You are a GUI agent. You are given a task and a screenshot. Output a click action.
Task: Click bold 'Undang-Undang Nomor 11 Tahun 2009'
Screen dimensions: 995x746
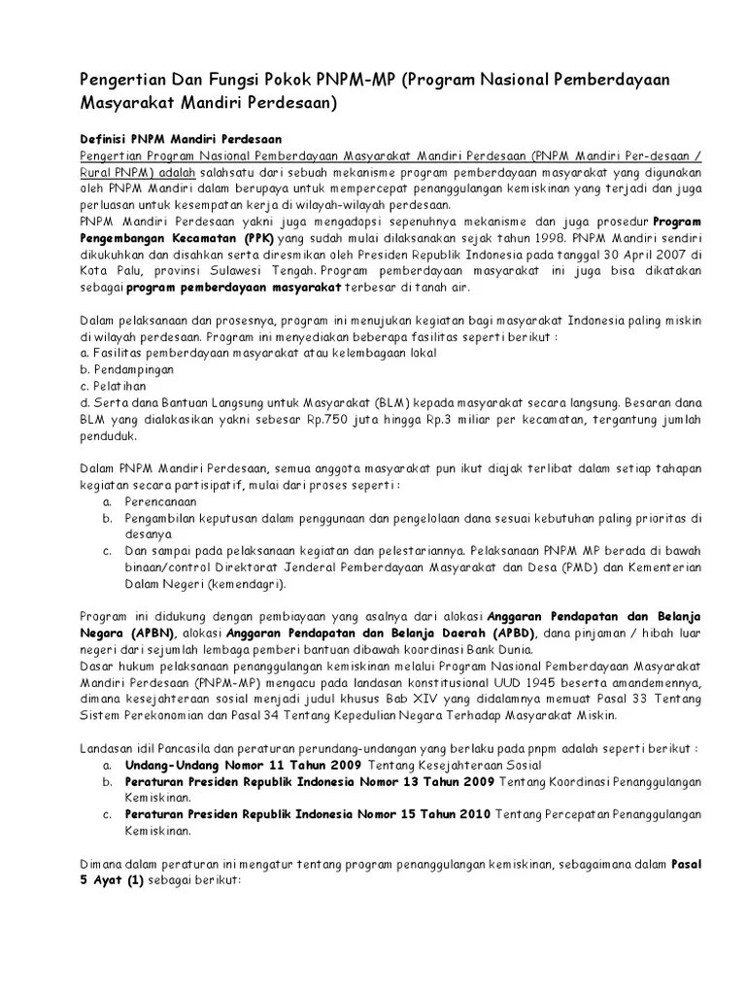coord(243,765)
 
